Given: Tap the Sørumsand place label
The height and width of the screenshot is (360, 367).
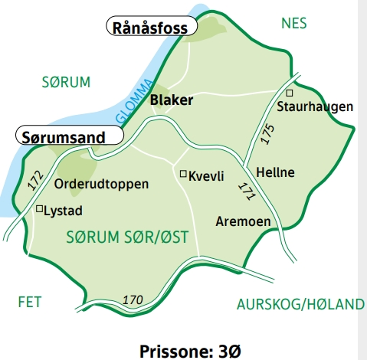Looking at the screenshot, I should (69, 136).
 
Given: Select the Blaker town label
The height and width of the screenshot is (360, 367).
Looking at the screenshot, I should (172, 100).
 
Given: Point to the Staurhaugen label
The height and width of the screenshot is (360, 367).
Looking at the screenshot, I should (315, 106).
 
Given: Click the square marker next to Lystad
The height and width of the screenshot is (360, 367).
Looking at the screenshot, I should (40, 208).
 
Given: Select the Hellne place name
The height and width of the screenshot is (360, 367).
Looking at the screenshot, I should (275, 172).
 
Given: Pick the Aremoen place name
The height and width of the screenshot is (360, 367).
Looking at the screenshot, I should (243, 221).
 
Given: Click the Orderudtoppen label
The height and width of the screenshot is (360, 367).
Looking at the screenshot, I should (102, 185).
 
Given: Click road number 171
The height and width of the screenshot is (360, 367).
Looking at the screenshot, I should (246, 191).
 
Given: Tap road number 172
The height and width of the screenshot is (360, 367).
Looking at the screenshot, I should (34, 181).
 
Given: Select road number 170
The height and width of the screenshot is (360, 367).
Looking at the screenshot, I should (133, 299).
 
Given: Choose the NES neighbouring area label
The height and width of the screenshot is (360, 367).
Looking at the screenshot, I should (293, 23).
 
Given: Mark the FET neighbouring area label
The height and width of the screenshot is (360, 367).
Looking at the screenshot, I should (30, 302).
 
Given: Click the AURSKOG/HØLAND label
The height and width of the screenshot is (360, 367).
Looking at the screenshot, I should (300, 305).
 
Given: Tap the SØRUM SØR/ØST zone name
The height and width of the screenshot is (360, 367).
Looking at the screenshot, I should (126, 237).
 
